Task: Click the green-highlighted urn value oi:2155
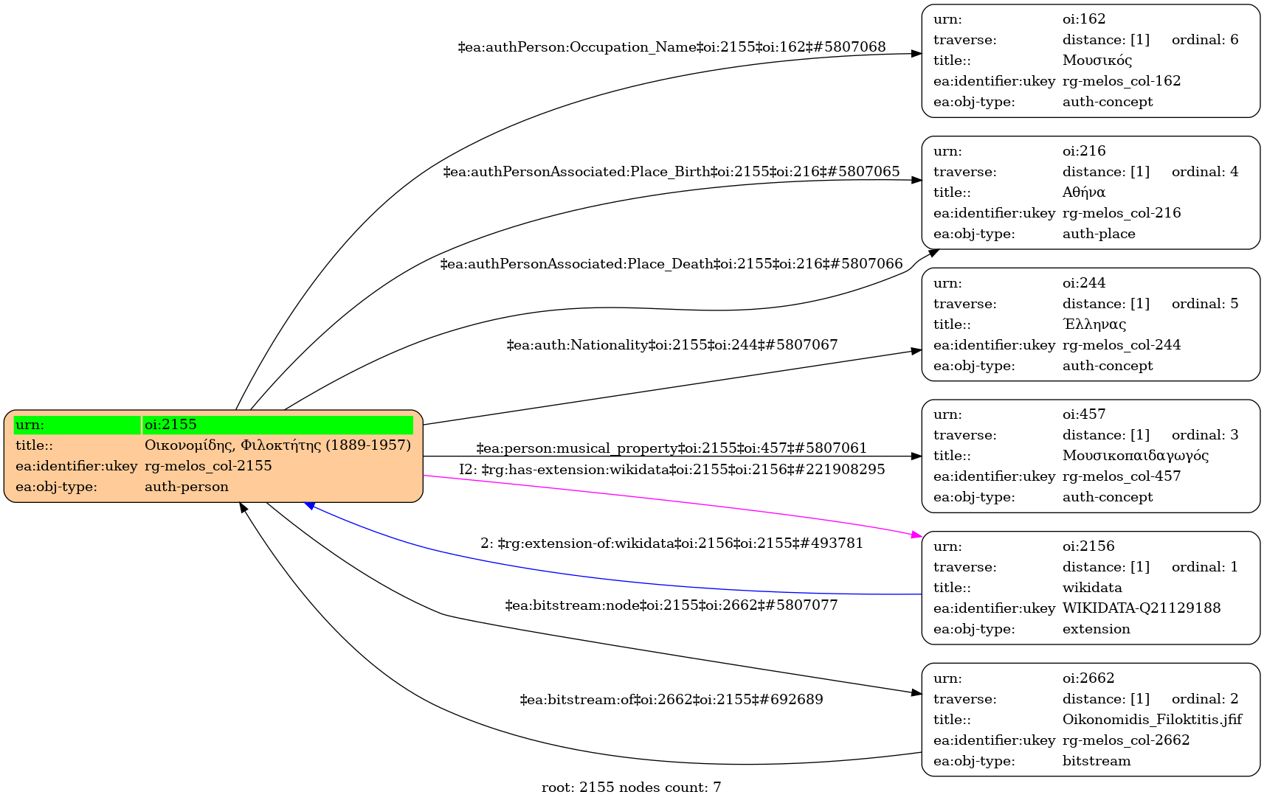pos(170,425)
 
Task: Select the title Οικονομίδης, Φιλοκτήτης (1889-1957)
pos(277,445)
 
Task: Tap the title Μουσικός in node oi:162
pos(1097,60)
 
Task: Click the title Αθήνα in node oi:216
pos(1084,192)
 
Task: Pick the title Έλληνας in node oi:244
pos(1094,324)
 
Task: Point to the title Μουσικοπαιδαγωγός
pos(1136,456)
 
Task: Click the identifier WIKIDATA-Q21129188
pos(1142,608)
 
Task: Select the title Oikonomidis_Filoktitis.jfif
pos(1152,720)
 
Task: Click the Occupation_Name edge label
pos(671,47)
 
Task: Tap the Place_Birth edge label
pos(671,172)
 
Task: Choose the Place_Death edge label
pos(671,264)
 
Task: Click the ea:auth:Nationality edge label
pos(671,345)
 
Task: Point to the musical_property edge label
pos(671,448)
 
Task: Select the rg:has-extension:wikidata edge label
pos(671,470)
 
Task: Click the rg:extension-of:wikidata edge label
pos(671,543)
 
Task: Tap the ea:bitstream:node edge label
pos(671,605)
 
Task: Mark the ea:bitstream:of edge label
pos(671,699)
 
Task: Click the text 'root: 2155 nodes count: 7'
pos(631,788)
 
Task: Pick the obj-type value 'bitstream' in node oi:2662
pos(1096,761)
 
